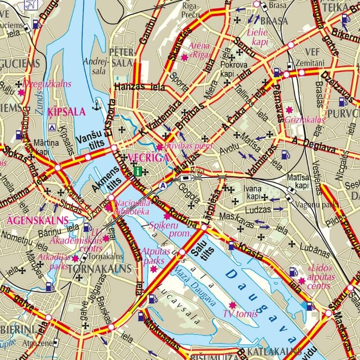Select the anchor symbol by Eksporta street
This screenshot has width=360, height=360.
pyautogui.click(x=96, y=106)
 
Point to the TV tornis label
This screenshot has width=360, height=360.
pyautogui.click(x=240, y=314)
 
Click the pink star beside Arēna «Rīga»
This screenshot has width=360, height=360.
pyautogui.click(x=184, y=57)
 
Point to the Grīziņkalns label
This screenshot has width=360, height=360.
pyautogui.click(x=304, y=120)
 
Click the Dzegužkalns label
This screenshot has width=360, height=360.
pyautogui.click(x=40, y=84)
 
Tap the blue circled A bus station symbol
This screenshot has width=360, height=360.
pyautogui.click(x=162, y=185)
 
